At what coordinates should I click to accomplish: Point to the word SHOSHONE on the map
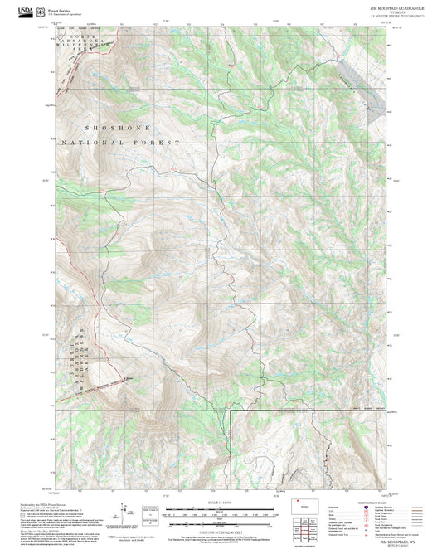point(115,129)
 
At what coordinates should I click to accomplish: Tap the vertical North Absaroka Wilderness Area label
point(78,355)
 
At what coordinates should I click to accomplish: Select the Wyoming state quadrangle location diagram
point(299,503)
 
